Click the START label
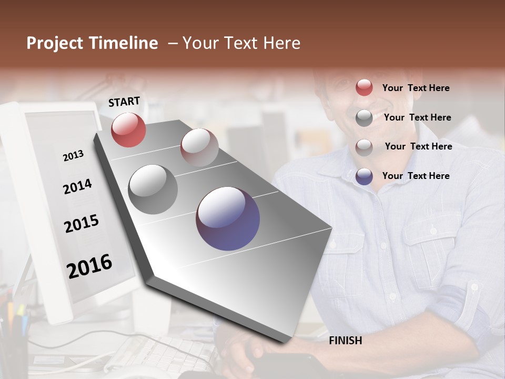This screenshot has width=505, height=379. point(124,101)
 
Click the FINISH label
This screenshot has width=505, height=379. point(345,341)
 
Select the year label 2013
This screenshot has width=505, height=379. point(73,156)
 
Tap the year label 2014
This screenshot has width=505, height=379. point(77,186)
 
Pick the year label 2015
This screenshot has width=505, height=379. point(82,224)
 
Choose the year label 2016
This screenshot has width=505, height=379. point(89,266)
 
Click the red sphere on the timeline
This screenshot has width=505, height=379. point(128,129)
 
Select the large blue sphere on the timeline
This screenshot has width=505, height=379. point(228,218)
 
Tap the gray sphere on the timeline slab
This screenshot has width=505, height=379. point(153,189)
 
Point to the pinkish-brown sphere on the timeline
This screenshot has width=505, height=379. point(199,147)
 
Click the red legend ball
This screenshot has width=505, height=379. point(364,88)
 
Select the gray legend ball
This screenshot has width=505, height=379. point(364,118)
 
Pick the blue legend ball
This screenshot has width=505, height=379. point(364,176)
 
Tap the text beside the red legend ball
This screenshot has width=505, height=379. point(416,88)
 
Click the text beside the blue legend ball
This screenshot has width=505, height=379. point(416,176)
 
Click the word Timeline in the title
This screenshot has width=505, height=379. point(124,43)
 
